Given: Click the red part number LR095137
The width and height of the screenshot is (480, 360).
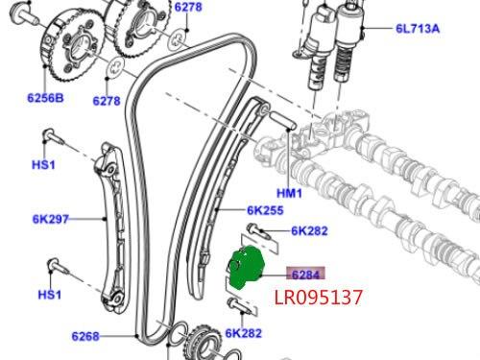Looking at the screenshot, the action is coord(319,297).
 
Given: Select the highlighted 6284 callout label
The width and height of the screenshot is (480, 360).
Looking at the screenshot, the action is coord(305,275).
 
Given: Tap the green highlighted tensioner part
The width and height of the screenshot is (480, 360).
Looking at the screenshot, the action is coord(246,268).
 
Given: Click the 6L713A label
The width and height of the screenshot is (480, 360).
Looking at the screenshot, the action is coord(418,29).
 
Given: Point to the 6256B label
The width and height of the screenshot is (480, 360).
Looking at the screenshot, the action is coord(45,98).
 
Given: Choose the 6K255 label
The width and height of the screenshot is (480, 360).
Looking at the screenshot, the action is coord(265,210).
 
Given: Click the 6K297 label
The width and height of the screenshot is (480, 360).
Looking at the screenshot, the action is coord(51,219).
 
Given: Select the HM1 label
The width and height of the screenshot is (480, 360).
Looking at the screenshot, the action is coord(289,193).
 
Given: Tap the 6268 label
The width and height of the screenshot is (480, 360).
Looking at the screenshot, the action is coord(85,336).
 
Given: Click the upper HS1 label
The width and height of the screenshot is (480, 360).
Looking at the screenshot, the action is coord(43,165).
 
